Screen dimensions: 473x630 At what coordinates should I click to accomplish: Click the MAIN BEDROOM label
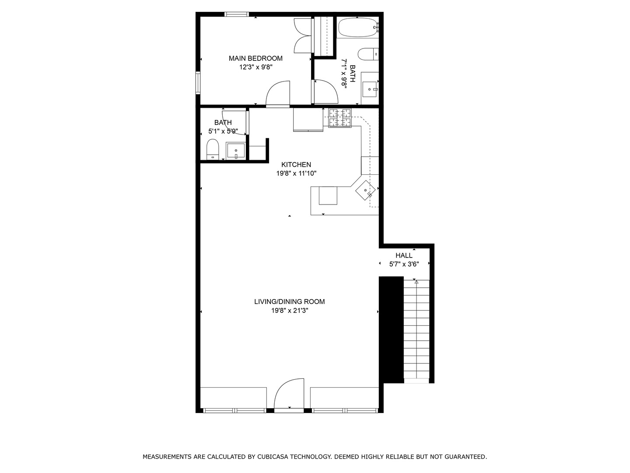pos(255,58)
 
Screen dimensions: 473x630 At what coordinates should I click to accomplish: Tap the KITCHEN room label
pos(296,165)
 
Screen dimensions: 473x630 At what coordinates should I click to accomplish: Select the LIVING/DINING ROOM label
pos(289,301)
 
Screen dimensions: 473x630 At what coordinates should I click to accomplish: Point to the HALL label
pos(404,255)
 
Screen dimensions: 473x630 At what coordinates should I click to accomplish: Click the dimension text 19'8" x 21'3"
pos(289,311)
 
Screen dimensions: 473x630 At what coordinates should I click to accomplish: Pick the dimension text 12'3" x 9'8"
pos(256,67)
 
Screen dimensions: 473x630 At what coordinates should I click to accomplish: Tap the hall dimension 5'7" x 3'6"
pos(404,264)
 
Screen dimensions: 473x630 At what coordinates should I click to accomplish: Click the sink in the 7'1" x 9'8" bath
pos(370,89)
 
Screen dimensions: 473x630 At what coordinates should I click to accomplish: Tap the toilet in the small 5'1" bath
pos(213,149)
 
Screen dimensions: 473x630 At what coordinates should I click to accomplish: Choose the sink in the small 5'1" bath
pos(235,151)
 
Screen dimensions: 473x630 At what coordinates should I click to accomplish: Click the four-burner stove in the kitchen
pos(340,118)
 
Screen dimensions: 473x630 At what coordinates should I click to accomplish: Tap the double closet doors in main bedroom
pos(303,36)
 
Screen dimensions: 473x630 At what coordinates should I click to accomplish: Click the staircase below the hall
pos(416,331)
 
